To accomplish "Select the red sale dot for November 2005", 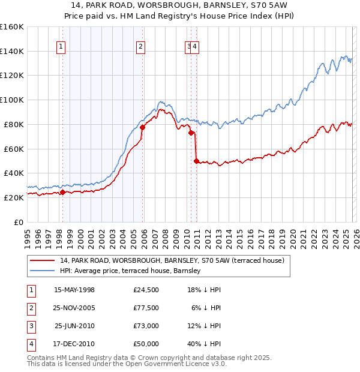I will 143,127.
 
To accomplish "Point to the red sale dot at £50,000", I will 196,161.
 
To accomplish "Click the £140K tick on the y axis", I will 12,51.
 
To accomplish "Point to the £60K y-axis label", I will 13,149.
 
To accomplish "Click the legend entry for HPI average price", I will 133,271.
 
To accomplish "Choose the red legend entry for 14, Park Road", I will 159,260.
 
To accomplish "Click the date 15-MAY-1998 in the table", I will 74,290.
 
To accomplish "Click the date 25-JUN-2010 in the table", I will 74,326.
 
